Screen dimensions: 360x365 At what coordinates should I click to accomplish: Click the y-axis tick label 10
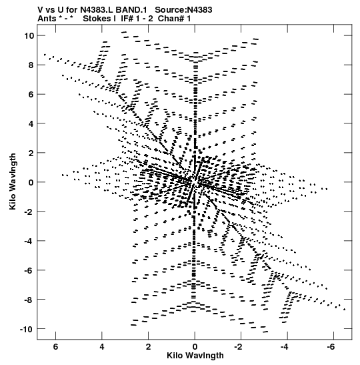pyautogui.click(x=29, y=35)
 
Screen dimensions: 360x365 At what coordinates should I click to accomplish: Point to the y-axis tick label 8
pyautogui.click(x=31, y=65)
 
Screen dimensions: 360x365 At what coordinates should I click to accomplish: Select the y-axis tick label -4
pyautogui.click(x=29, y=240)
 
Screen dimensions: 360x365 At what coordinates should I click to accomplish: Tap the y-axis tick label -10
pyautogui.click(x=26, y=328)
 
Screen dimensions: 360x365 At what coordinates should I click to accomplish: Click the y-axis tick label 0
pyautogui.click(x=31, y=182)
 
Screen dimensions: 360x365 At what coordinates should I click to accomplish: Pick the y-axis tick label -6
pyautogui.click(x=29, y=270)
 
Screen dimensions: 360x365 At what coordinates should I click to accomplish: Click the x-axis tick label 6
pyautogui.click(x=55, y=347)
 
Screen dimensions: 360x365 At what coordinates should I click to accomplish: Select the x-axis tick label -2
pyautogui.click(x=239, y=347)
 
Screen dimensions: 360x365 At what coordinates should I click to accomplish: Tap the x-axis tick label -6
pyautogui.click(x=331, y=347)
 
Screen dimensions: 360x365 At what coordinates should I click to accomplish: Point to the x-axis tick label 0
pyautogui.click(x=195, y=347)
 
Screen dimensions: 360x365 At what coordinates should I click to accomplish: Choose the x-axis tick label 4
pyautogui.click(x=102, y=347)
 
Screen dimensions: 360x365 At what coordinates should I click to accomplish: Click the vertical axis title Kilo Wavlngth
pyautogui.click(x=13, y=181)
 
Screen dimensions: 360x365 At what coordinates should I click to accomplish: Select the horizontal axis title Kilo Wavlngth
pyautogui.click(x=195, y=356)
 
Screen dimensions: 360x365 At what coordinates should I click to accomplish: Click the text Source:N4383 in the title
pyautogui.click(x=183, y=10)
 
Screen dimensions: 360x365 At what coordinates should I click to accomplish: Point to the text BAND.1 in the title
pyautogui.click(x=131, y=10)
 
